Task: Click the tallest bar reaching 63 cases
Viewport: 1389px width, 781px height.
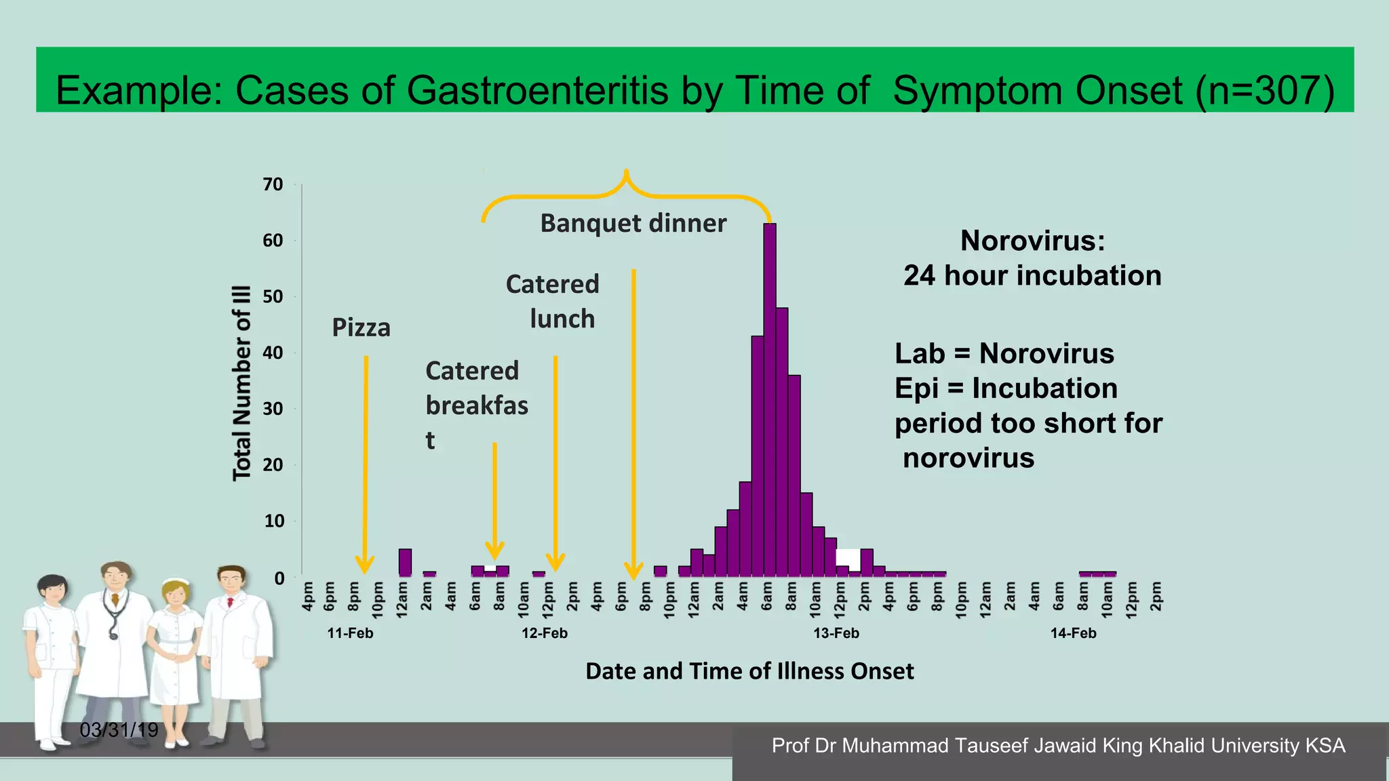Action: [x=770, y=400]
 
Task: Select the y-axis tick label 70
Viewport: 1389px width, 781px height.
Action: [x=273, y=184]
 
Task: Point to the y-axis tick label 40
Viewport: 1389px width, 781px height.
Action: [x=273, y=353]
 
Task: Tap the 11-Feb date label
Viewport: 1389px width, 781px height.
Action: [x=350, y=633]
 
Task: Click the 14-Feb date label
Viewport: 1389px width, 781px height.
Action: [x=1073, y=633]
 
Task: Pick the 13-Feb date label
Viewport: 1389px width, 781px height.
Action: [x=836, y=633]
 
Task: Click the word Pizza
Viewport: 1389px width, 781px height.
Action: [x=361, y=328]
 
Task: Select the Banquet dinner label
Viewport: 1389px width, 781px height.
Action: [x=633, y=224]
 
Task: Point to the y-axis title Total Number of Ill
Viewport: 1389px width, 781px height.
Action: [x=242, y=383]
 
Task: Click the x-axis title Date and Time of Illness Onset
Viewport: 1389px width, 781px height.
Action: [x=749, y=671]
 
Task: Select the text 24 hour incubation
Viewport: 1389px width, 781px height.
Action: [x=1032, y=276]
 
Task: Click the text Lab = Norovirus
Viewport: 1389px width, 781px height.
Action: [x=1004, y=354]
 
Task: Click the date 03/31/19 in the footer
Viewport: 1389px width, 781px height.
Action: [x=119, y=730]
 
